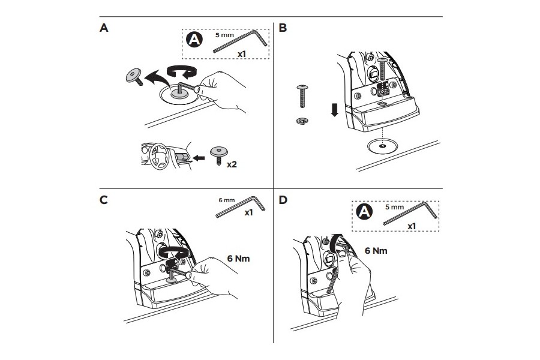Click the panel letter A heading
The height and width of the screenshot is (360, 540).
[104, 28]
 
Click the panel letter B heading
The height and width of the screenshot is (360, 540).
[283, 28]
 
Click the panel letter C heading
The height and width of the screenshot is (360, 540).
[104, 200]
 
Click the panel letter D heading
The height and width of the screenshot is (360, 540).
[283, 200]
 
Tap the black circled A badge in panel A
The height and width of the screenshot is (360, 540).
[194, 40]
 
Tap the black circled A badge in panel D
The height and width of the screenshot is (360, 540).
[364, 211]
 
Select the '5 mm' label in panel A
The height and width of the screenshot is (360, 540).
[224, 35]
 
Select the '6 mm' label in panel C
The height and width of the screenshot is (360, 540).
[227, 200]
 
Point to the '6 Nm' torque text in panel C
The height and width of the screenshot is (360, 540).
[238, 259]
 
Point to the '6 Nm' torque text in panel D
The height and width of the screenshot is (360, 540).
[376, 251]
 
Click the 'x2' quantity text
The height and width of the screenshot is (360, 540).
[232, 164]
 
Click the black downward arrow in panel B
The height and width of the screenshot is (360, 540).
[334, 110]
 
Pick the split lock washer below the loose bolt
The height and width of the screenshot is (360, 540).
[302, 121]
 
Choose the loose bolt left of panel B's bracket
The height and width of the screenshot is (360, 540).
[302, 96]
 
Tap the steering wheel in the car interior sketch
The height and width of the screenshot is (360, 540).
[159, 156]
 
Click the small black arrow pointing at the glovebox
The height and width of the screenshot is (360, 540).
[199, 158]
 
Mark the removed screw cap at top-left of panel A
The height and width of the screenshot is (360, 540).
[134, 76]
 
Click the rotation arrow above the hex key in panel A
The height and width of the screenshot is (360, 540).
[181, 72]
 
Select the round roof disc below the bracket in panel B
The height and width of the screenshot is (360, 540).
[382, 145]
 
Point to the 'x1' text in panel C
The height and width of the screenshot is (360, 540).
[248, 212]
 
